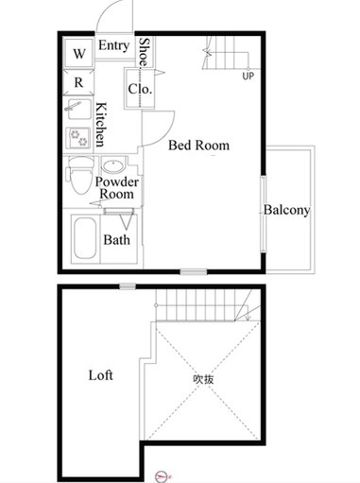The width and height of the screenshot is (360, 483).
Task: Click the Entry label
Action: tap(113, 45)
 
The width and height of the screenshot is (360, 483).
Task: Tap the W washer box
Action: tap(79, 53)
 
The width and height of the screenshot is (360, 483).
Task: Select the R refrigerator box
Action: tap(79, 82)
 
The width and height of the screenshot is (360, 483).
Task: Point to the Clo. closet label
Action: tap(141, 89)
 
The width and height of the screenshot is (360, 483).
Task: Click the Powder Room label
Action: tap(118, 187)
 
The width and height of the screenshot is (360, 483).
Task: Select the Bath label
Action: tap(117, 240)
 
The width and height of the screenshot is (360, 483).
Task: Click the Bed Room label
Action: tap(198, 146)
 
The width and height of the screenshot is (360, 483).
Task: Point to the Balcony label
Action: tap(286, 210)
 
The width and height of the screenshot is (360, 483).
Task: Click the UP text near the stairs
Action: tap(248, 77)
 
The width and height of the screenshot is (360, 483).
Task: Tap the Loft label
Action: tap(101, 375)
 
